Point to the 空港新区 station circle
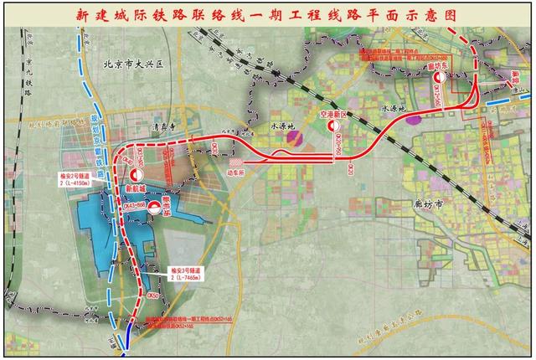(x=332, y=126)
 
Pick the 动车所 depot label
(x=237, y=177)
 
